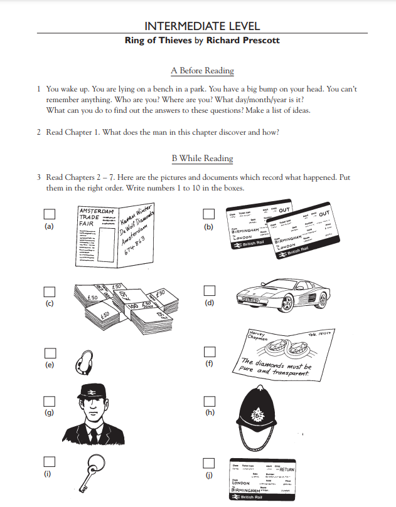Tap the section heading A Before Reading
pyautogui.click(x=202, y=71)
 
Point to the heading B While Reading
pyautogui.click(x=201, y=159)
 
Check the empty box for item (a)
pyautogui.click(x=49, y=214)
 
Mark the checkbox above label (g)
pyautogui.click(x=49, y=400)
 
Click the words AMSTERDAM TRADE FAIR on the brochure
pyautogui.click(x=92, y=217)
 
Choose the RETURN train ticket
pyautogui.click(x=262, y=479)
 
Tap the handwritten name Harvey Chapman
pyautogui.click(x=258, y=335)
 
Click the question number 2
pyautogui.click(x=39, y=133)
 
